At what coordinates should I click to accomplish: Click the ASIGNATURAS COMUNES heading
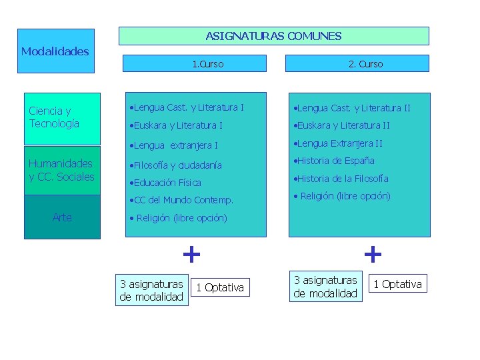coord(273,36)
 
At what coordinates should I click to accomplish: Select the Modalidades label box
coord(55,51)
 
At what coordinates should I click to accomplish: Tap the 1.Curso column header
coord(207,64)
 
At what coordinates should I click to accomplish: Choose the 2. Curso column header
coord(365,64)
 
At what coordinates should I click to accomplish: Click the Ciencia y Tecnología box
coord(62,118)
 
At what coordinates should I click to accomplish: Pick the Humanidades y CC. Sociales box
coord(62,170)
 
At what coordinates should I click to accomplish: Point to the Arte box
coord(62,217)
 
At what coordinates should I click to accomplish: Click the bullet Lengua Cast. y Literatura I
coord(188,107)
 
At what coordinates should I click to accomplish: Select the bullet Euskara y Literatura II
coord(343,125)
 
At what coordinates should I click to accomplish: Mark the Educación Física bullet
coord(166,183)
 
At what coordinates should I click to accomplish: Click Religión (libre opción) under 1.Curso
coord(178,218)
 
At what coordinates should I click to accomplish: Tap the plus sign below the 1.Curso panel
coord(191,254)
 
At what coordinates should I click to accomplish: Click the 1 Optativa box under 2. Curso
coord(397,284)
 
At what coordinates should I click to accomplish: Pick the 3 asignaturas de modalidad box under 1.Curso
coord(151,291)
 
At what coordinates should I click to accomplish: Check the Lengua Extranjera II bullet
coord(339,143)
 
